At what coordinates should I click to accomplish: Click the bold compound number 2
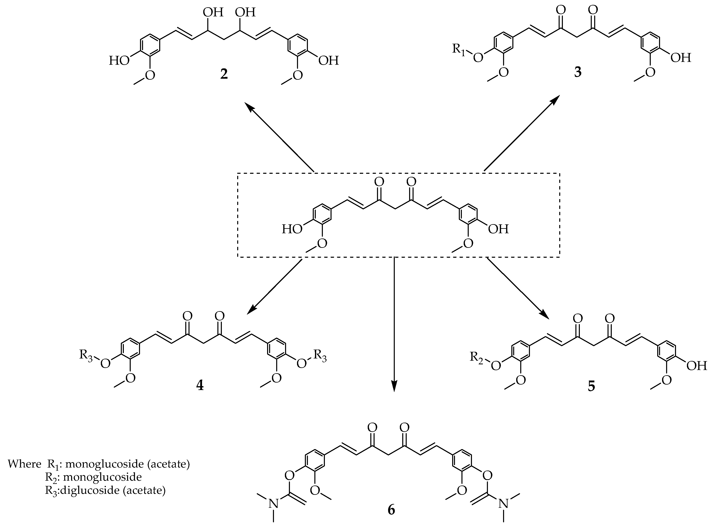pos(224,74)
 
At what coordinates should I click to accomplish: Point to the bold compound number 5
pos(591,386)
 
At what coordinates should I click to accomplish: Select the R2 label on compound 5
pos(478,357)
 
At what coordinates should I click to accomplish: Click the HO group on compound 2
pos(119,60)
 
